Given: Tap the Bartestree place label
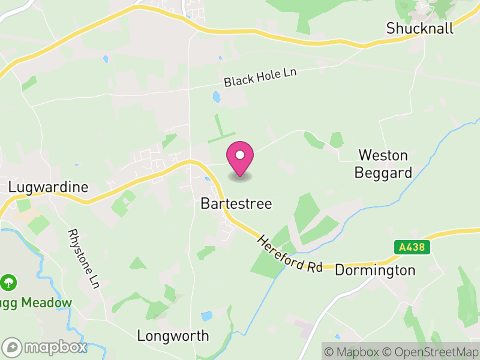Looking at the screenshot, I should pos(236,204).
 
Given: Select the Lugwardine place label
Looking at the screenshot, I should pos(48,187).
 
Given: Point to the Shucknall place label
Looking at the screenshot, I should pos(420,28).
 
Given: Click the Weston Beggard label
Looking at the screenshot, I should pos(383,164).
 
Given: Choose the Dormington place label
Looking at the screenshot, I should pos(375,270).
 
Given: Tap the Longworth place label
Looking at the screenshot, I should pos(173,335).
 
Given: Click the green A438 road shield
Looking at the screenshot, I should pos(413,247).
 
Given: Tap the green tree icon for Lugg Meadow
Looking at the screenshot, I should pos(10,281).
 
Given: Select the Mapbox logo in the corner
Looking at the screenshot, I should pos(45,347).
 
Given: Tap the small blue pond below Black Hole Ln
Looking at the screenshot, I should pos(216,96).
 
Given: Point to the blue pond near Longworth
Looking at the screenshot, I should pos(207,316).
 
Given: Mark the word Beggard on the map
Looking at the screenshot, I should pos(383,173).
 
